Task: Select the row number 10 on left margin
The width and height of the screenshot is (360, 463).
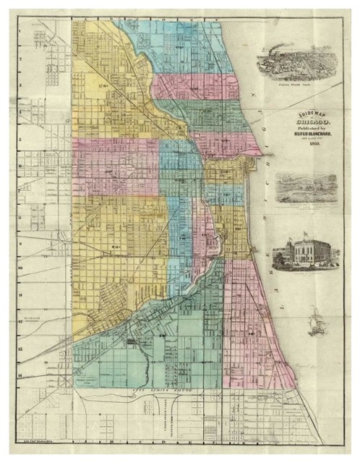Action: pyautogui.click(x=21, y=266)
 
